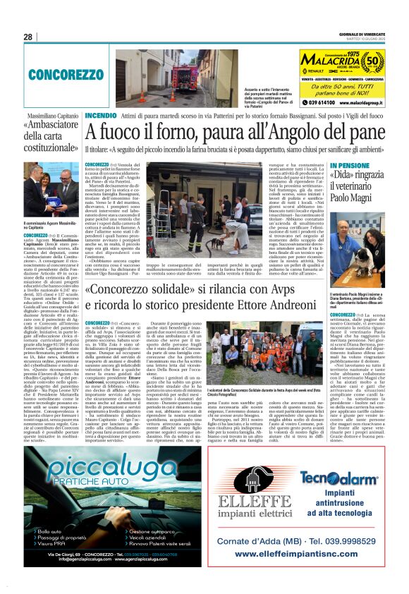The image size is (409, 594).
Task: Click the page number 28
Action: pos(28,37)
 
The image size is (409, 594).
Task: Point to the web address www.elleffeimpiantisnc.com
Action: pos(305,554)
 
